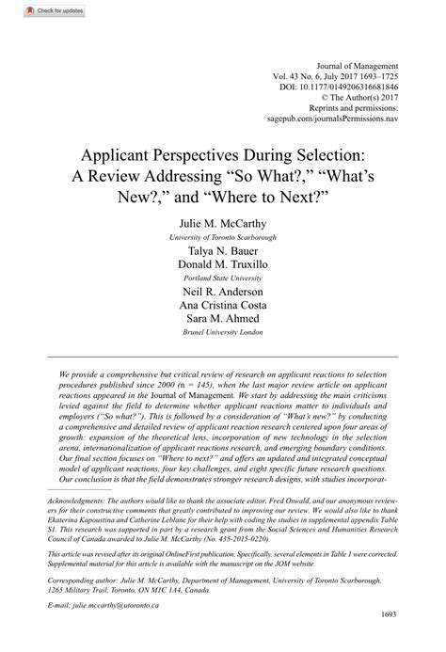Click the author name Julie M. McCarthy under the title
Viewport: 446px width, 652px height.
(222, 225)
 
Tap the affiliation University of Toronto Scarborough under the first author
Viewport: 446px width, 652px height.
(222, 239)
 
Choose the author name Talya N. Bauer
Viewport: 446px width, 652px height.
(222, 254)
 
